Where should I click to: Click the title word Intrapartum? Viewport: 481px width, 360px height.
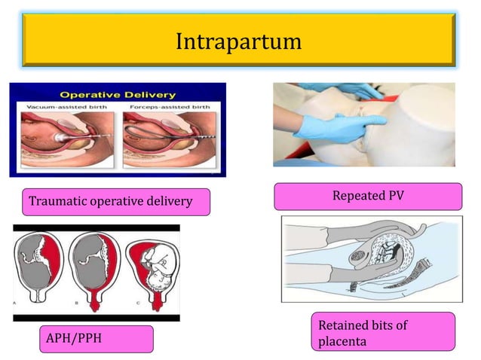point(238,41)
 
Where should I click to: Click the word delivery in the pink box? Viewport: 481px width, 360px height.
point(169,202)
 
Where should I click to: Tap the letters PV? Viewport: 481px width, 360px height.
point(394,196)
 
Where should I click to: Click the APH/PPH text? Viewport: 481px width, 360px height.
point(72,338)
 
